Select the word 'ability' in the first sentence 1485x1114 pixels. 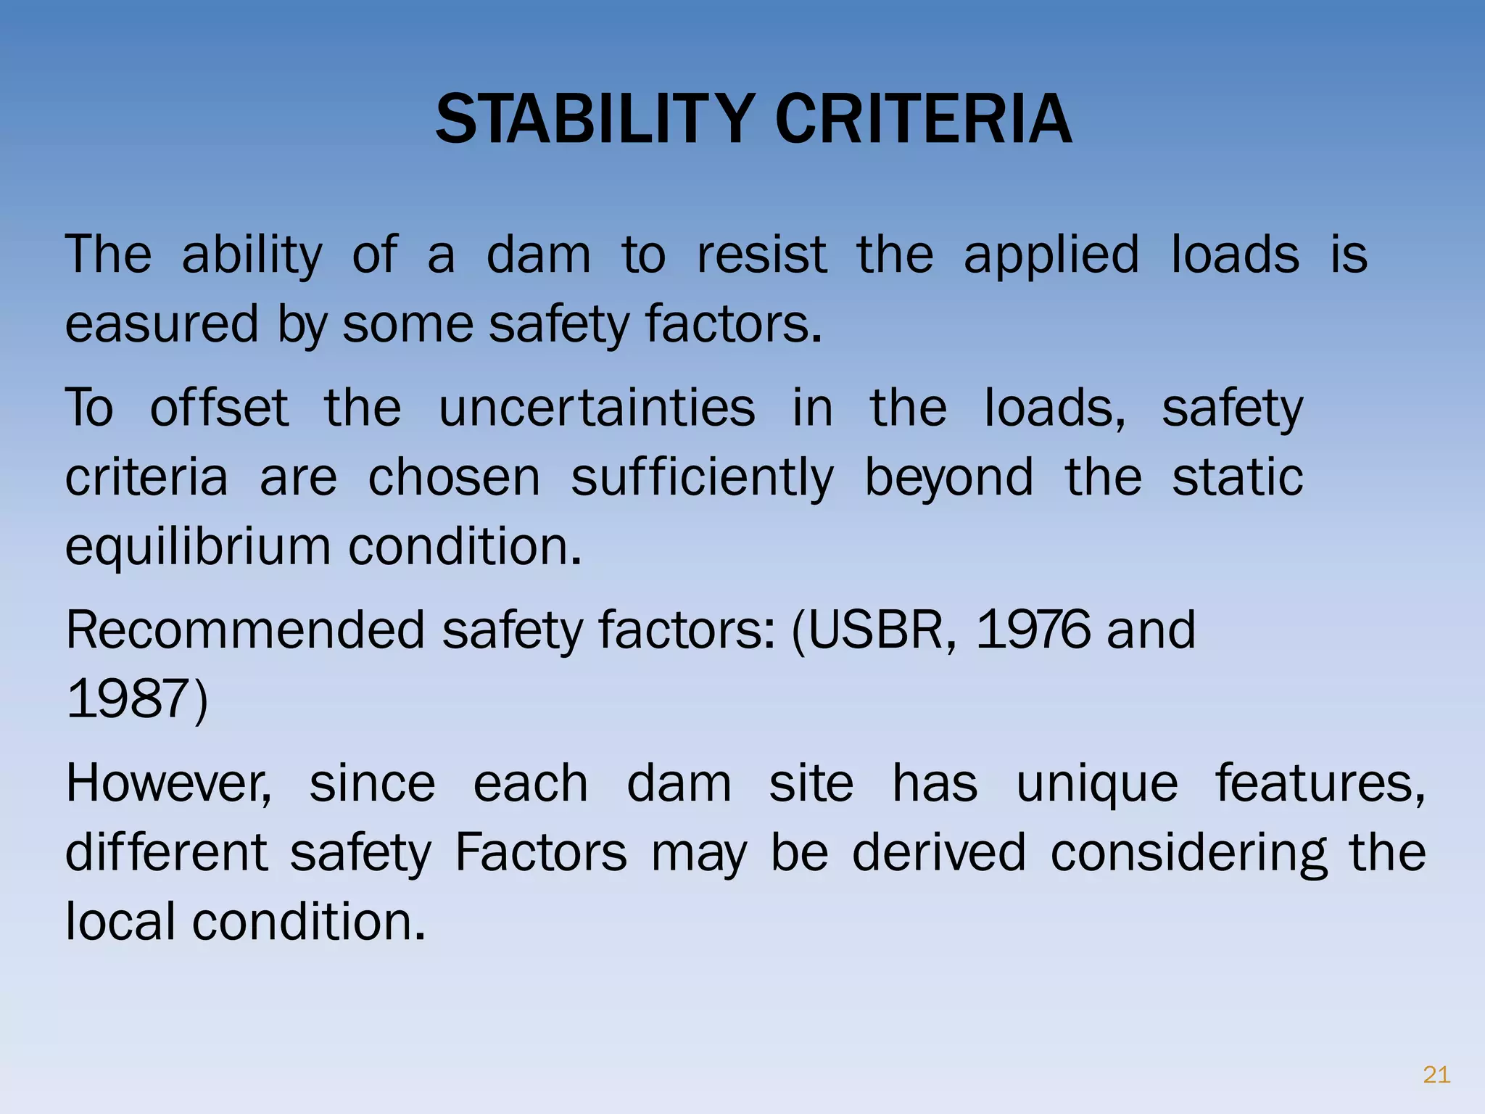(x=252, y=255)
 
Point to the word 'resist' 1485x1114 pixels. (x=761, y=255)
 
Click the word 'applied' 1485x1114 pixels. (x=1051, y=255)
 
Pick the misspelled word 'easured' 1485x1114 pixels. (x=161, y=323)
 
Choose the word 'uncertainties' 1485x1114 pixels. (x=597, y=408)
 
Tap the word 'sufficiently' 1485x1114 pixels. (x=702, y=477)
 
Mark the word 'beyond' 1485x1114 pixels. (x=949, y=477)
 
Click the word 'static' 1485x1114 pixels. (x=1238, y=477)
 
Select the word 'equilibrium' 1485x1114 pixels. (x=197, y=546)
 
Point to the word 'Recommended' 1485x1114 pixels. (x=244, y=630)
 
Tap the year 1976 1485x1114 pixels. (x=1033, y=630)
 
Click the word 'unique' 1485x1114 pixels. (x=1096, y=783)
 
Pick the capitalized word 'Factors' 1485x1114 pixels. (x=540, y=852)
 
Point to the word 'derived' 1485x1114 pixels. (x=938, y=852)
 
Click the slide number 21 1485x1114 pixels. (x=1436, y=1074)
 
